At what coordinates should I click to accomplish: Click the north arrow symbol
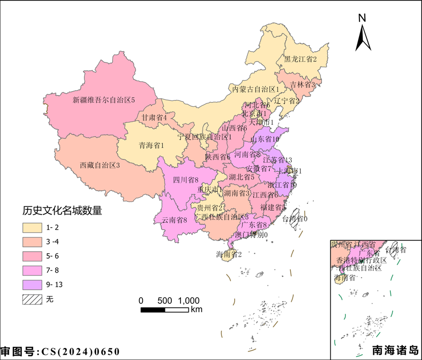coord(362,37)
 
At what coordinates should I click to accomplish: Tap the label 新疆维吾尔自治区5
coord(103,100)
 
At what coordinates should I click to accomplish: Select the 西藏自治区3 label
coord(100,165)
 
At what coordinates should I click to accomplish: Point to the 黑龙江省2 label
coord(301,60)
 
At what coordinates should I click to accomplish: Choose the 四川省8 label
coord(185,180)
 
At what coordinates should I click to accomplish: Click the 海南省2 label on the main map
coord(229,254)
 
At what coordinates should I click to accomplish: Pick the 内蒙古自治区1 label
coord(256,90)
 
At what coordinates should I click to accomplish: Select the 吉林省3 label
coord(303,84)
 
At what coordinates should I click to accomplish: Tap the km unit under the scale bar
coord(197,310)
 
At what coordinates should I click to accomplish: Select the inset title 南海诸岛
coord(395,350)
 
